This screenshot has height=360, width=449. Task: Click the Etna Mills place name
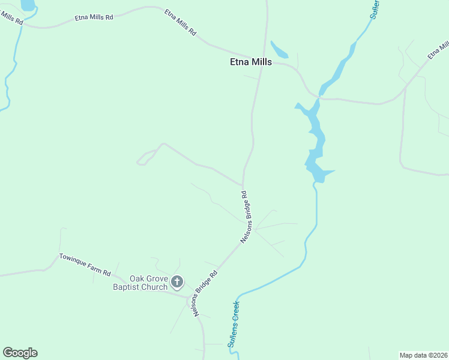click(251, 62)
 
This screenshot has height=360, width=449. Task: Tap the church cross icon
click(177, 281)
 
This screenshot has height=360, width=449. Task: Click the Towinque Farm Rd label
click(85, 265)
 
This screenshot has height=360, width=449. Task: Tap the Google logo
click(20, 353)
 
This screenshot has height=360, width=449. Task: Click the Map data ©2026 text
click(424, 355)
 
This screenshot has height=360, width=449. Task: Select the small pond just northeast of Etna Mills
click(279, 50)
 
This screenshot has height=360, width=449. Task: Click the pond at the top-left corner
click(28, 5)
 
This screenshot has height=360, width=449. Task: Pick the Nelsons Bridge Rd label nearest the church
click(205, 294)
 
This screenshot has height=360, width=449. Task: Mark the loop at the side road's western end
click(143, 160)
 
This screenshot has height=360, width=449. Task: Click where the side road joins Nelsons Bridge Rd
click(243, 185)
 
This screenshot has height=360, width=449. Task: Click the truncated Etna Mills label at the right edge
click(438, 50)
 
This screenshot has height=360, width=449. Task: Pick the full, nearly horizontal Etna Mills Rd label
click(94, 17)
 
